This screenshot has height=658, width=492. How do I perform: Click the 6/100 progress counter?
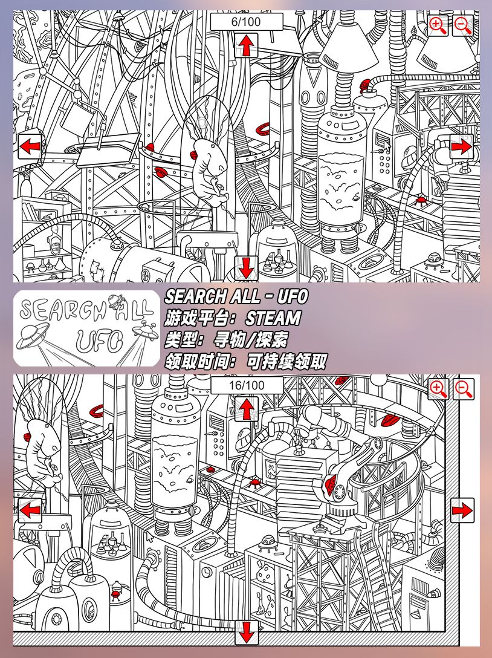click(246, 22)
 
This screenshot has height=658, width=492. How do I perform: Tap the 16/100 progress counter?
click(247, 385)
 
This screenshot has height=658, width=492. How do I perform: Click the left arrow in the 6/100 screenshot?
click(30, 146)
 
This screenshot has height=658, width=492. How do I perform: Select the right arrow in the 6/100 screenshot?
click(462, 146)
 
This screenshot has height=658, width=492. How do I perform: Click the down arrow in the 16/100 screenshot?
click(246, 632)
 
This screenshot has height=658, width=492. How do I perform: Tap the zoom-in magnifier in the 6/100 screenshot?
click(438, 25)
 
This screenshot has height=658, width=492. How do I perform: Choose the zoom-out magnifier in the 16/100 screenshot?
click(464, 389)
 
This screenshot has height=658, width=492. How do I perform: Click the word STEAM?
click(273, 318)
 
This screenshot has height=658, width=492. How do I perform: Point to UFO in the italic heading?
click(293, 296)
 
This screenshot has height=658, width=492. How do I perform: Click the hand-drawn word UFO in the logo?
click(99, 340)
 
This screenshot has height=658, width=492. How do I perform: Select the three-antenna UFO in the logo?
click(142, 327)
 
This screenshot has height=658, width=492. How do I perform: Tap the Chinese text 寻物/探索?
click(250, 340)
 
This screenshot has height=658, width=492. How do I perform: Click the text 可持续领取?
click(286, 362)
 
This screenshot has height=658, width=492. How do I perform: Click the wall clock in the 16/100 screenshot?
click(206, 572)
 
